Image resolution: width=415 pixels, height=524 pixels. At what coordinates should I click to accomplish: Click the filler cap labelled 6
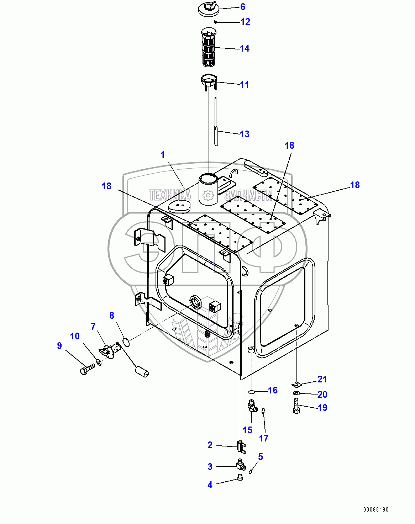coord(210,9)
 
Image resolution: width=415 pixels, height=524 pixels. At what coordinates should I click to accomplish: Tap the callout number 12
coord(245,22)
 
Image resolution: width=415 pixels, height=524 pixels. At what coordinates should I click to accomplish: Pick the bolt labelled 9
coord(86,370)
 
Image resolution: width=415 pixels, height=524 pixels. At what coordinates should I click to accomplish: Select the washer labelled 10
coord(99,363)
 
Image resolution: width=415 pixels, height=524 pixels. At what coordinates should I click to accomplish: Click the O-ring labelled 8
coord(126,342)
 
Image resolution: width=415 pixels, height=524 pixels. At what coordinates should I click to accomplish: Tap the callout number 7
coord(93,327)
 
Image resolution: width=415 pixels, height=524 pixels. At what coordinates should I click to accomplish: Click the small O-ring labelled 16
coord(251,392)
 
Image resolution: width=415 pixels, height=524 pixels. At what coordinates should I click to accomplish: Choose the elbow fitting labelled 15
coord(252,406)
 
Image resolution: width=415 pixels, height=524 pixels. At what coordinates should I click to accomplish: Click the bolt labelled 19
coord(296,406)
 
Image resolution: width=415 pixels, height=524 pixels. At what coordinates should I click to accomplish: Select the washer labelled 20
coord(296,393)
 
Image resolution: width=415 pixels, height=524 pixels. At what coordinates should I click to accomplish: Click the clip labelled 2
coord(241,446)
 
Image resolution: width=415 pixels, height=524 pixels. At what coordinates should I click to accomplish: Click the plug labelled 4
coord(240,477)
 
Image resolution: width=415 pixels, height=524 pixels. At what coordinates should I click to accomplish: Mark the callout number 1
coord(163,155)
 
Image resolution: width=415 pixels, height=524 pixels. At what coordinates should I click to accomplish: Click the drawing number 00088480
coord(376,509)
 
